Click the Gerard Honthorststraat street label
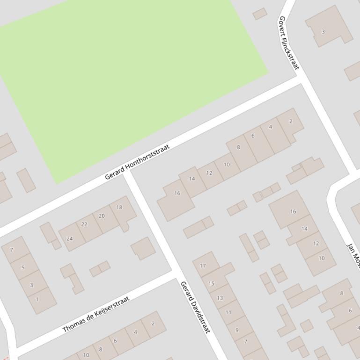[x=137, y=162]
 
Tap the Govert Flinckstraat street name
[x=288, y=43]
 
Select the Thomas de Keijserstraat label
[x=96, y=314]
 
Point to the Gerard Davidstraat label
[x=195, y=307]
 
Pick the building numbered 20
[x=102, y=216]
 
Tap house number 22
[x=84, y=224]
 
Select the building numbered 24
[x=70, y=238]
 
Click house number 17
[x=203, y=266]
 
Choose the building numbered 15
[x=211, y=283]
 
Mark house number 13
[x=220, y=298]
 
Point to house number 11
[x=228, y=312]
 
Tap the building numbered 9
[x=237, y=330]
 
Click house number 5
[x=23, y=267]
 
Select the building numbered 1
[x=37, y=299]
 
